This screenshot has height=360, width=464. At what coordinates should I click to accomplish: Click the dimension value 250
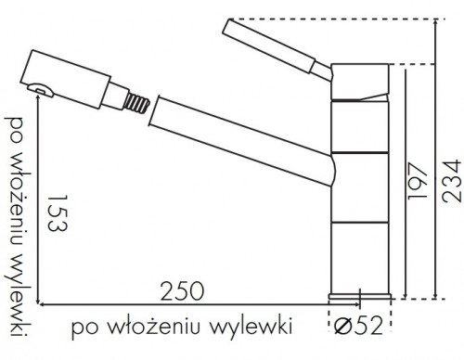coord(182,291)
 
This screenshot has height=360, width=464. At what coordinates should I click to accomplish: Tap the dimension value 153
coord(58,212)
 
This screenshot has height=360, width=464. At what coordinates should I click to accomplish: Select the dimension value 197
coord(418,181)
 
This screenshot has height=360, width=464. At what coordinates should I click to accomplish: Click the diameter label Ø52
coord(358,326)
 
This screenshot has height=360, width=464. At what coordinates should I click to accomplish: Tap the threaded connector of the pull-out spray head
coord(136,103)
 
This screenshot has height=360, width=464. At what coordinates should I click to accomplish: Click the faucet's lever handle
coord(277,50)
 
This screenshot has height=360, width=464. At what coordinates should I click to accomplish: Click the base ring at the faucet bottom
coord(359,297)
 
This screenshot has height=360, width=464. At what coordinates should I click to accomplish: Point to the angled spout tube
coord(241,141)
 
